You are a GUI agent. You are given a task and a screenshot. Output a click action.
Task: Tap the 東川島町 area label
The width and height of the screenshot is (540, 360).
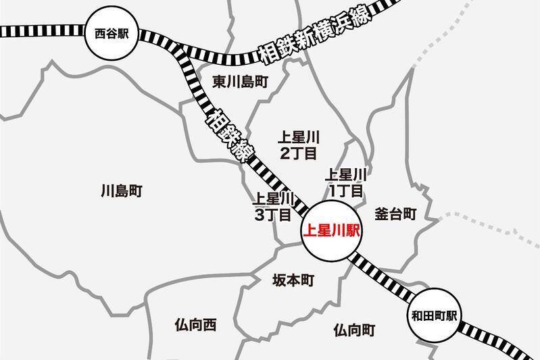tap(240, 82)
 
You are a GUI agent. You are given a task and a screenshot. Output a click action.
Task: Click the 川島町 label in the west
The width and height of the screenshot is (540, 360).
tap(120, 191)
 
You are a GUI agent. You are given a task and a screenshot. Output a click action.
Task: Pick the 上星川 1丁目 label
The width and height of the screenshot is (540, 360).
tap(345, 182)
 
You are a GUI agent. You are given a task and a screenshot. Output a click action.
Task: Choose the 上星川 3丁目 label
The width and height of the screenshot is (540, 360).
tap(272, 207)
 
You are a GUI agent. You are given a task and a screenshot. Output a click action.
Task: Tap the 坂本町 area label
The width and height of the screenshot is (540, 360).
tap(293, 280)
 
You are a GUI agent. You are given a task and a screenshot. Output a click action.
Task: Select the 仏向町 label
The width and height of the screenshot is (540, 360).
tap(354, 330)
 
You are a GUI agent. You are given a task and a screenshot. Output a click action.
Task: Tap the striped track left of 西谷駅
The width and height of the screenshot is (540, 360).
tap(41, 31)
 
